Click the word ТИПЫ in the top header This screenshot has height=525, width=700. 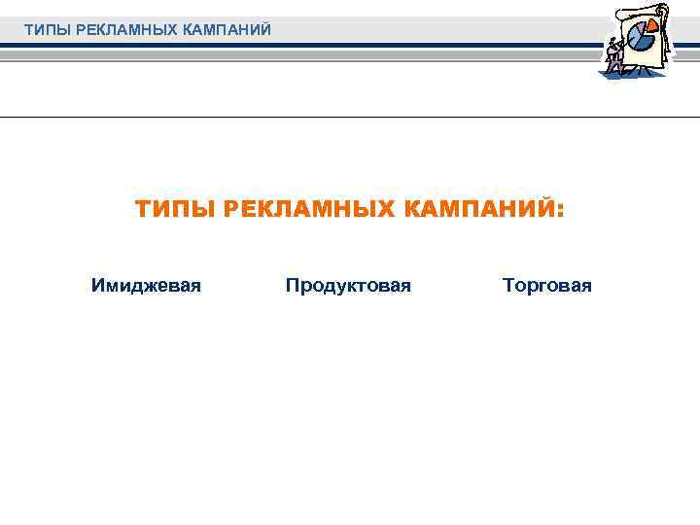click(42, 30)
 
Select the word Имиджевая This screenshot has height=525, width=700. click(146, 286)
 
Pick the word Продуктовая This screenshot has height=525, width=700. click(348, 286)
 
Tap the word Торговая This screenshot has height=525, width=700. click(546, 286)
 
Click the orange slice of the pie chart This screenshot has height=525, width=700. click(652, 27)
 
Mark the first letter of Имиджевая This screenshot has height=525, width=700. click(96, 286)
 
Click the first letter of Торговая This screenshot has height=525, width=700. click(507, 286)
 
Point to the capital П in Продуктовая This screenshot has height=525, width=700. click(292, 286)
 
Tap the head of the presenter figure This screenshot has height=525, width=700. click(612, 39)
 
